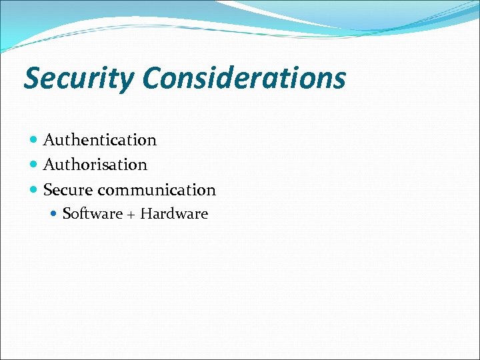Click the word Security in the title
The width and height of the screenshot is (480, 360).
pos(79,79)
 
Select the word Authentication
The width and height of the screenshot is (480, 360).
pos(100,140)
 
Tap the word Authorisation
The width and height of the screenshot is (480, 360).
pos(95,164)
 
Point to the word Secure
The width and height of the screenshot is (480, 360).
pos(68,190)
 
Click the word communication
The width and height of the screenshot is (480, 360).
pos(157,190)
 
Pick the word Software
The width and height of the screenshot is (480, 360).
pos(92,214)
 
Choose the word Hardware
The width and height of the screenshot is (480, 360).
pos(175,214)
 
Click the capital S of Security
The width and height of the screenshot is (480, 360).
pos(31,79)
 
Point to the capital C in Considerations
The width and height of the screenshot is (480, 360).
pos(151,78)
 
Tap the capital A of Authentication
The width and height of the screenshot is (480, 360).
pos(49,140)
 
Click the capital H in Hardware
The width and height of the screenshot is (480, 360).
pos(146,214)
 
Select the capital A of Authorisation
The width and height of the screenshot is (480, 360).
pos(49,164)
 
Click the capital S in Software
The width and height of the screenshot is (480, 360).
pos(67,214)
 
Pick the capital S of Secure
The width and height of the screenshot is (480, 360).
pos(48,190)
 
